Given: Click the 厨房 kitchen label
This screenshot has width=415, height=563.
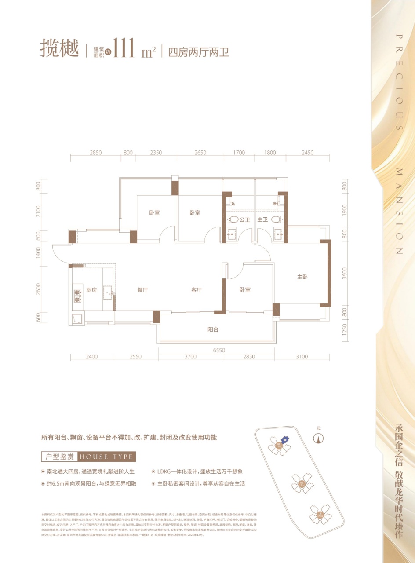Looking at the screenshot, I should pos(91,290).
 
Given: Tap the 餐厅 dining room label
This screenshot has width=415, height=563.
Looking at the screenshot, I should pos(142,290).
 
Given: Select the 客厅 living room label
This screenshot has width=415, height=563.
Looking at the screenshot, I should pos(196,290).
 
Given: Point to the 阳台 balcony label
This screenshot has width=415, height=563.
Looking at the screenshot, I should pos(213,329).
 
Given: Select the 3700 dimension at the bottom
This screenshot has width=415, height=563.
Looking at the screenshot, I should pos(191,357).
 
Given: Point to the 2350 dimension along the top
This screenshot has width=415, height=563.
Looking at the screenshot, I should pos(156,153).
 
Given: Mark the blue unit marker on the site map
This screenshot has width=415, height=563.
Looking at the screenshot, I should pos(284,439).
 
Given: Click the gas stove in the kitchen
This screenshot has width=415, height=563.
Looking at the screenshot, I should pos(78,295).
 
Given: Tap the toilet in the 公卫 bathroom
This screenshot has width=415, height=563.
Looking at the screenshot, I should pos(234,219).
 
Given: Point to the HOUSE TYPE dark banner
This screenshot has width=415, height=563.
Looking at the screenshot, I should pos(106,457).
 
